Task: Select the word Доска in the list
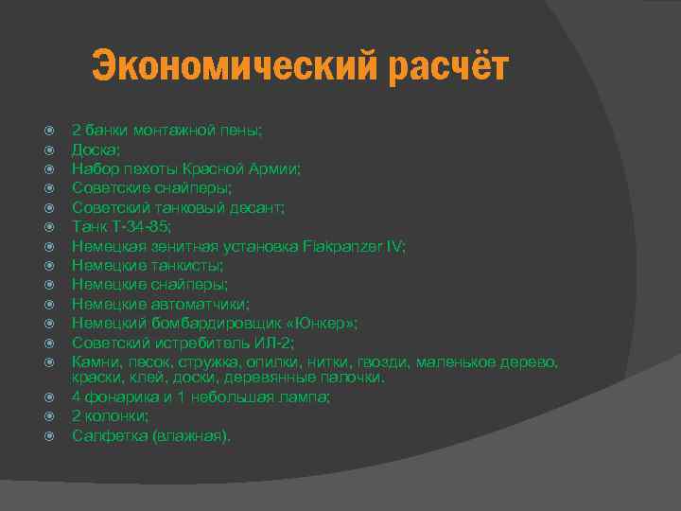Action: pos(95,149)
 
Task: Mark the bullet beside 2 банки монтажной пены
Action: pos(52,130)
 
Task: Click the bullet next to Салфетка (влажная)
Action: pos(52,436)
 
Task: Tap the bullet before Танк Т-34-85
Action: pos(52,226)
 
